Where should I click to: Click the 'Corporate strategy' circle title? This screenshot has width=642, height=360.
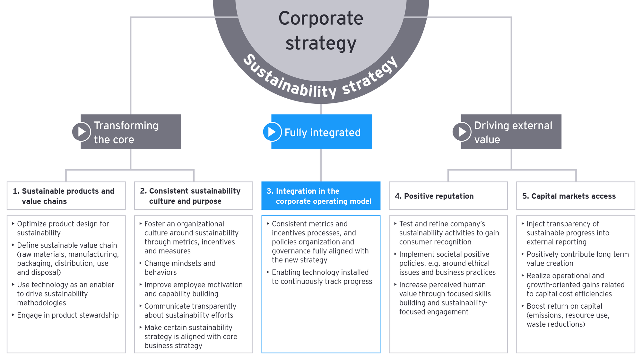pos(321,31)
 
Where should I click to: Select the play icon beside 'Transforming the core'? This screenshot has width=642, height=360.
pos(81,132)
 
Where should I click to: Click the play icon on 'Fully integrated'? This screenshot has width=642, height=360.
pos(272,132)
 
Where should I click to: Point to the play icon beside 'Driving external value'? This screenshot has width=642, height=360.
pos(462,132)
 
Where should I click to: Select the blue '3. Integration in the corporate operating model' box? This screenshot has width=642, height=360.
pos(321,196)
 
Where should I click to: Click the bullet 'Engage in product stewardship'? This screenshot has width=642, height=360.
pos(68,315)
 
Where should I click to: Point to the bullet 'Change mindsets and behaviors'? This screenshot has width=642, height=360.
pos(180,268)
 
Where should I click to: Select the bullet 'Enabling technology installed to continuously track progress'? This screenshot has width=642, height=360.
pos(322,277)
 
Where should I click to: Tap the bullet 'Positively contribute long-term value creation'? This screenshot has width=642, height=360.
pos(577,259)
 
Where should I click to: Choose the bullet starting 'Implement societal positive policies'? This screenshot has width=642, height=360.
pos(447,263)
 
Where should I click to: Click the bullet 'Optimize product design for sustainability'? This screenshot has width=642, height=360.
pos(63,228)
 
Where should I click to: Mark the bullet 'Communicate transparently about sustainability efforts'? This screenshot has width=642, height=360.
pos(190,311)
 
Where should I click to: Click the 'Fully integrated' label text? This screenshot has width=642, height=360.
pos(322,132)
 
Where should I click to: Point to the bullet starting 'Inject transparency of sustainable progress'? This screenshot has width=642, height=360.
pos(568,233)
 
